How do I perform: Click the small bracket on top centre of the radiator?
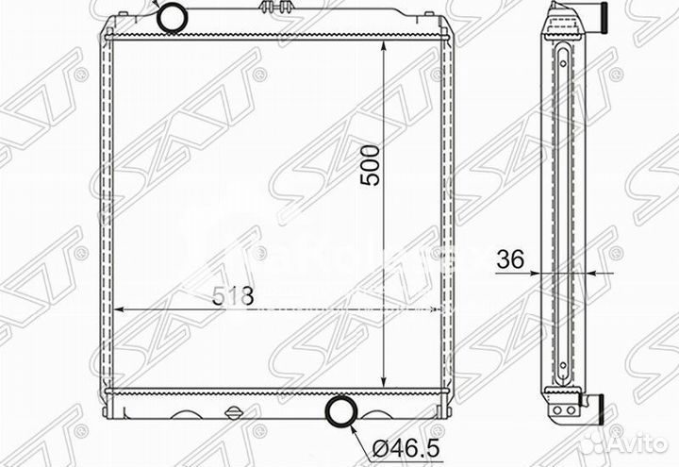pos(272,9)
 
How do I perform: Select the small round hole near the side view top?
pos(562,62)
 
